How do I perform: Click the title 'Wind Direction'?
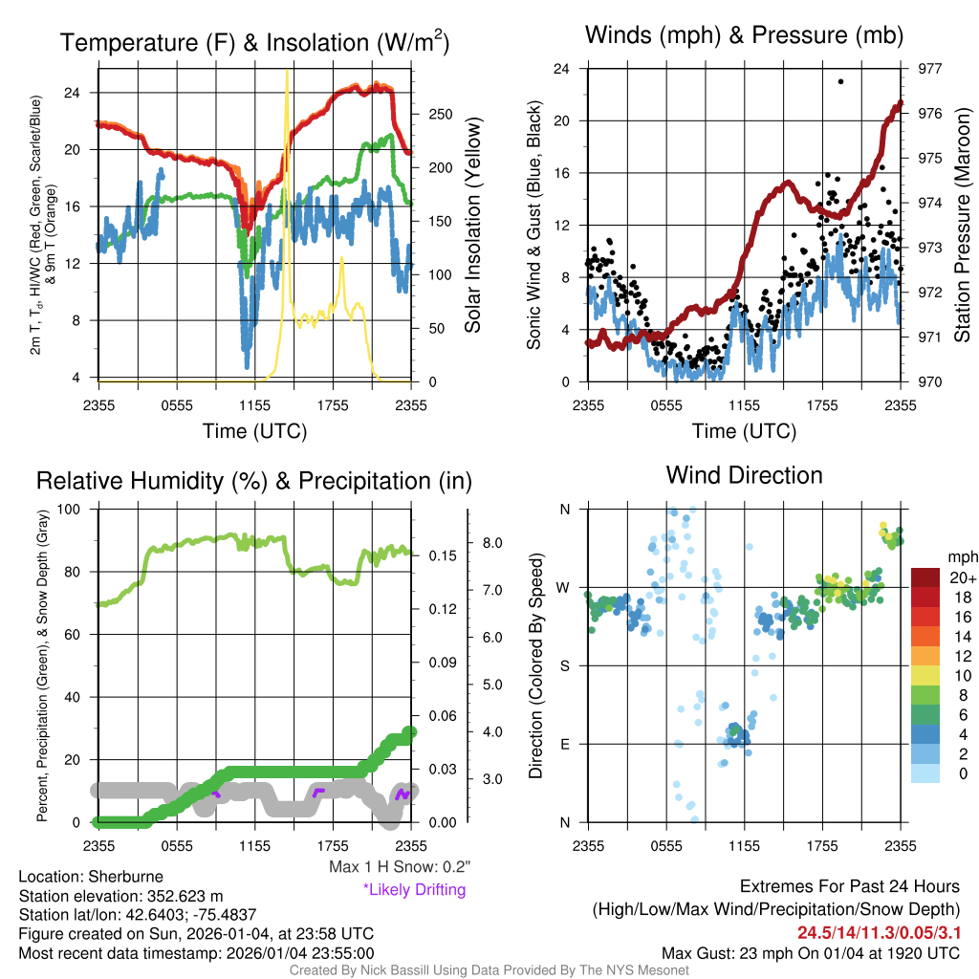point(744,474)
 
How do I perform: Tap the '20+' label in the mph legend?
point(957,577)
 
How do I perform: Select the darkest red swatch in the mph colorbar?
point(926,577)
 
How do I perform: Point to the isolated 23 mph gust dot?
point(840,82)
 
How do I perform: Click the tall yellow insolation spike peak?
point(287,72)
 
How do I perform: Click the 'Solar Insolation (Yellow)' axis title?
point(473,226)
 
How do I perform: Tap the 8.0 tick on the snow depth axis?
point(492,543)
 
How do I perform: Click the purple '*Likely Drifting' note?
point(413,889)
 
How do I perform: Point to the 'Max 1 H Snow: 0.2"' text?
point(398,867)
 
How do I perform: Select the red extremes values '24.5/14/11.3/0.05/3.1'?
point(879,932)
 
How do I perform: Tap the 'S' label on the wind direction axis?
point(564,665)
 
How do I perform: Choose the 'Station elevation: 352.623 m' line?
point(120,896)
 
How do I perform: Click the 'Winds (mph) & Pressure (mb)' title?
point(745,36)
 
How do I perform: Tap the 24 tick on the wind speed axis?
point(562,69)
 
